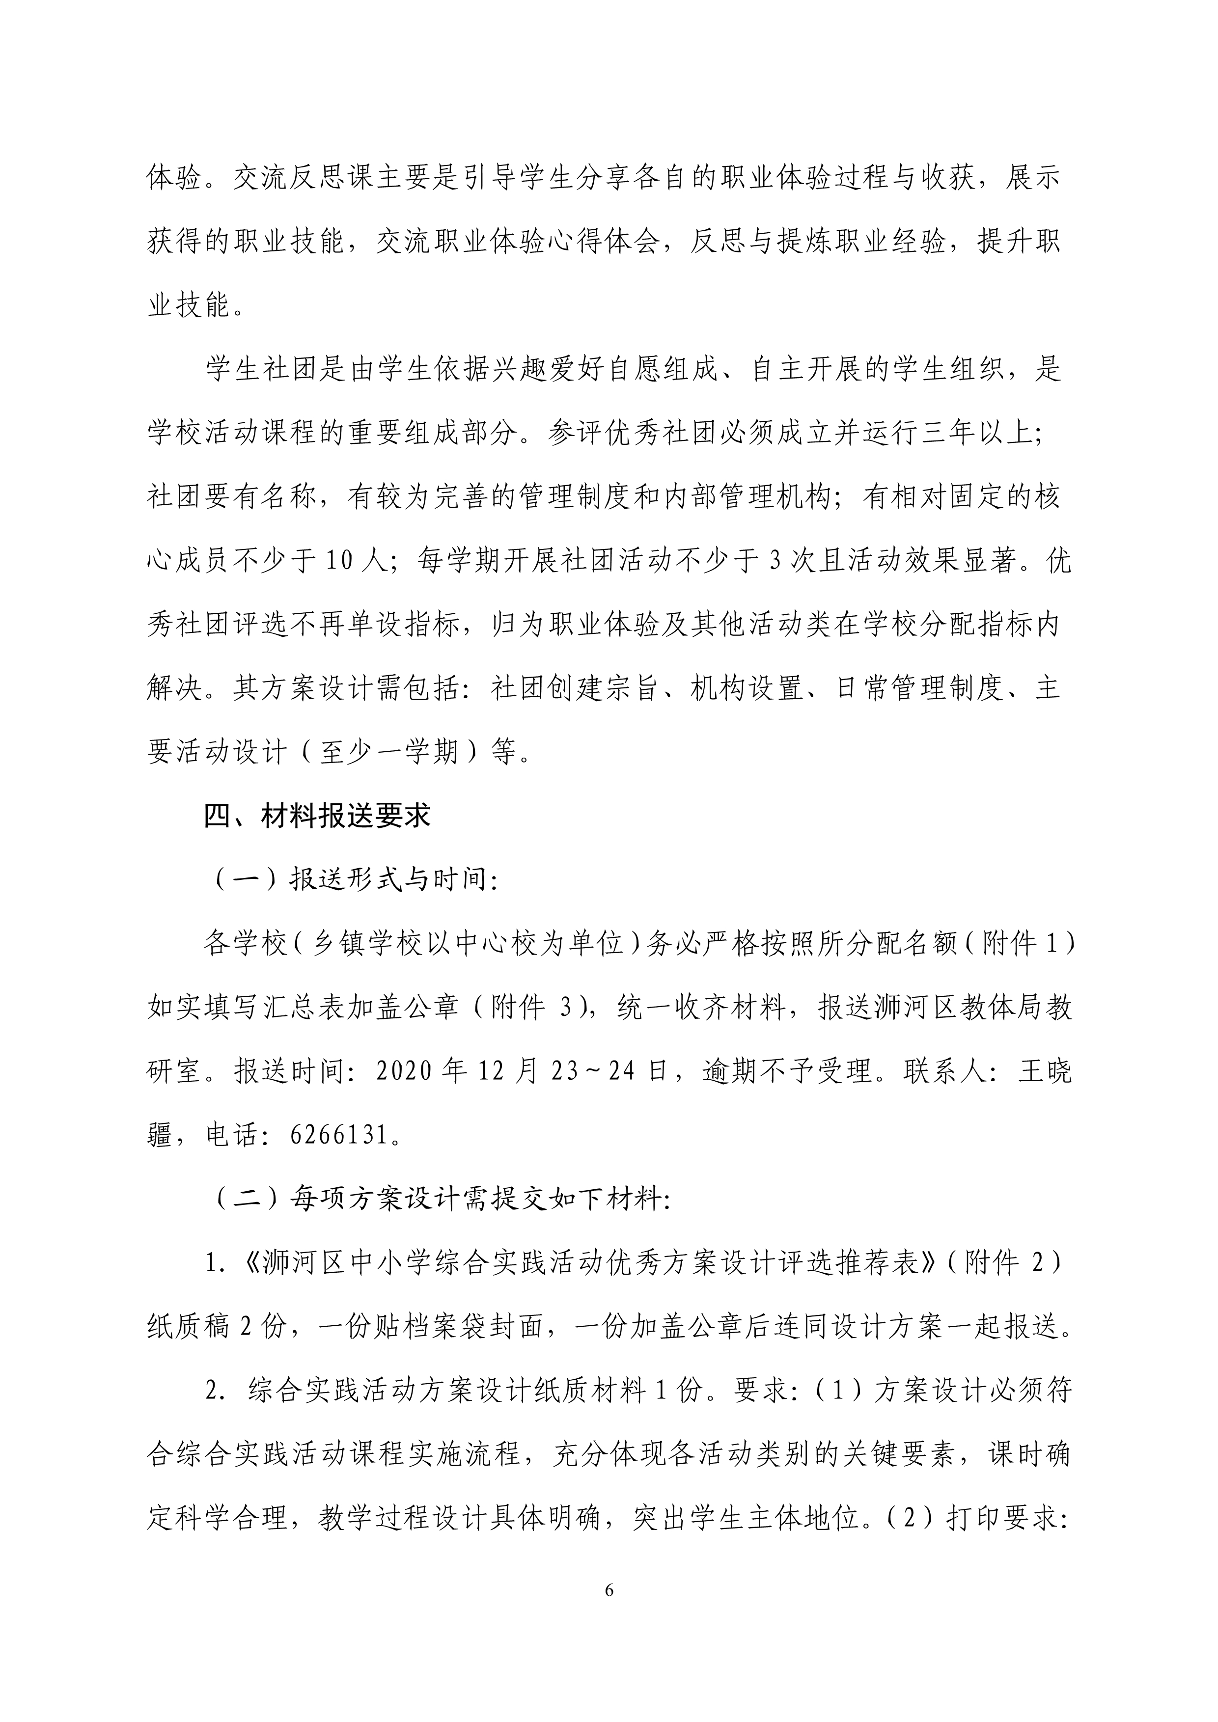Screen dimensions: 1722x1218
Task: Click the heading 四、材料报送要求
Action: click(x=317, y=815)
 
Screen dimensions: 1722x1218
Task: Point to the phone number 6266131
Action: click(x=340, y=1136)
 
